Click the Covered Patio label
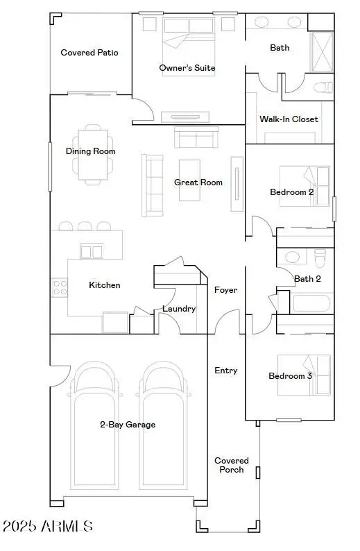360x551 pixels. point(89,53)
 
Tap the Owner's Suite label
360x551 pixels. point(187,68)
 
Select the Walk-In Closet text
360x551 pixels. point(289,119)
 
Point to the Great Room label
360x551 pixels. point(198,183)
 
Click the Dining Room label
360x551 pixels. point(90,151)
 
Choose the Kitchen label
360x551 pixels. point(105,285)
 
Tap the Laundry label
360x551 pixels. point(179,309)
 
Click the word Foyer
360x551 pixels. point(226,290)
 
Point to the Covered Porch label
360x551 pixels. point(232,465)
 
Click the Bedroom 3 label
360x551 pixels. point(290,376)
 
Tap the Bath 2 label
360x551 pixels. point(308,279)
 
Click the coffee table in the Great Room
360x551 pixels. point(191,180)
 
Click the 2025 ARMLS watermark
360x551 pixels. point(47,527)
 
